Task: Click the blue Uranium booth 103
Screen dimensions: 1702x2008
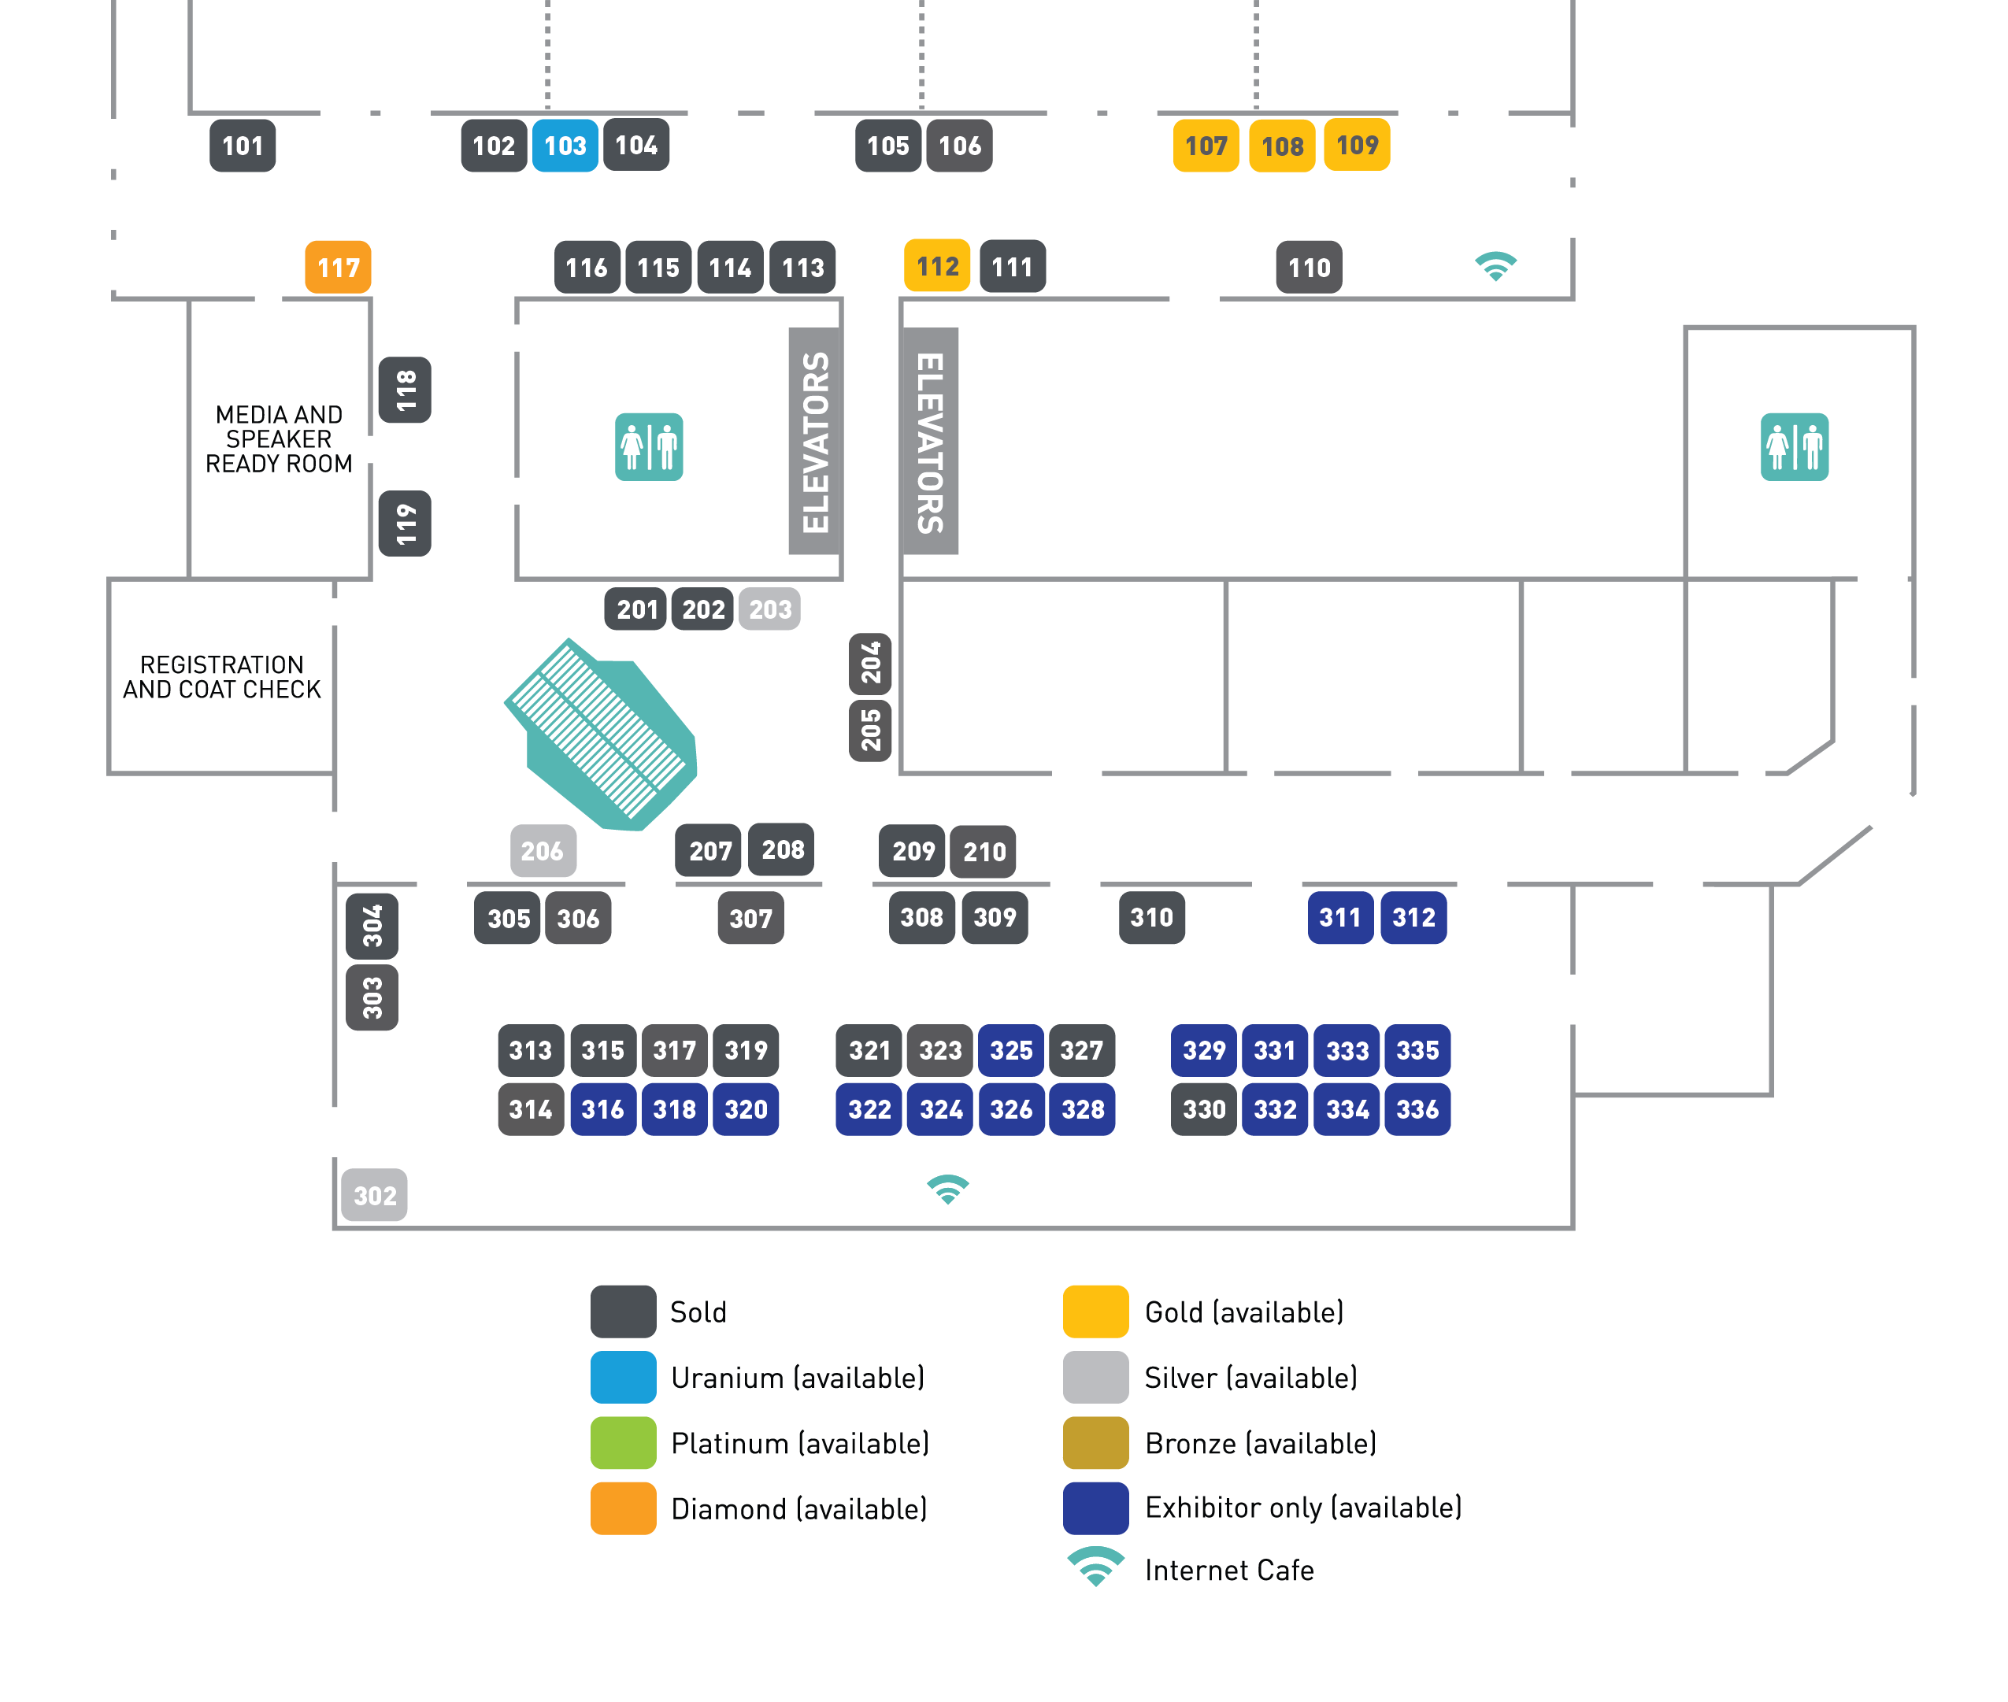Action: point(565,146)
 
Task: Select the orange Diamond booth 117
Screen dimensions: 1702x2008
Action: point(338,267)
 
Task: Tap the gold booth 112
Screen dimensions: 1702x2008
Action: point(936,266)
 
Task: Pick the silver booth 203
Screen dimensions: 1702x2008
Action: point(769,609)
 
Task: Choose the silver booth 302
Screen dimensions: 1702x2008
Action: point(374,1196)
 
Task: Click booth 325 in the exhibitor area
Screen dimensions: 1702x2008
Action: point(1010,1049)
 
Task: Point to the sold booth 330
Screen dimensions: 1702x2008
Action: point(1203,1109)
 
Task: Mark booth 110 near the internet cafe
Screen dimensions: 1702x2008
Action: point(1309,267)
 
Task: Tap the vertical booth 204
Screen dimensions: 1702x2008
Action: point(870,664)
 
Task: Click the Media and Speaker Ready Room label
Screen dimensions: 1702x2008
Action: point(279,439)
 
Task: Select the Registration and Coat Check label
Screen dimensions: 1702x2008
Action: point(222,677)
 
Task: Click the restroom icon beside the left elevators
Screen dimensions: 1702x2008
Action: point(648,446)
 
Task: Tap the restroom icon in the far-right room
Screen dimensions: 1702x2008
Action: point(1794,446)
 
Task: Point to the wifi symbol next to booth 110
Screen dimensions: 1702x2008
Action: point(1495,265)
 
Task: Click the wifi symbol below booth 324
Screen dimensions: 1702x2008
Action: point(947,1190)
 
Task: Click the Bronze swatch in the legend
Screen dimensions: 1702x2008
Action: point(1095,1442)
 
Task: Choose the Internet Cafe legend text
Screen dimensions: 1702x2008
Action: point(1228,1571)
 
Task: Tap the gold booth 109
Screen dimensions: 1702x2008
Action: point(1357,145)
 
